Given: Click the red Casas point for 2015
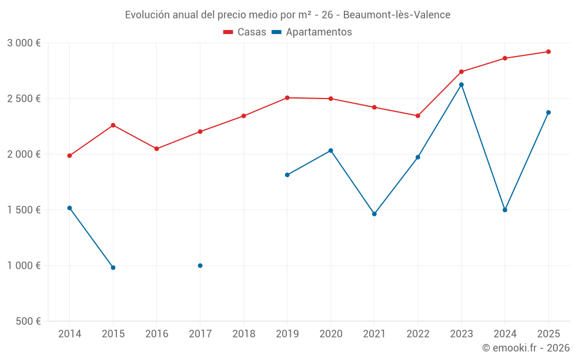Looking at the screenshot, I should tap(113, 125).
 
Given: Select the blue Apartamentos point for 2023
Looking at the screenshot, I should tap(461, 85).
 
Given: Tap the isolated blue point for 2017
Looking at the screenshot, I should tap(200, 266).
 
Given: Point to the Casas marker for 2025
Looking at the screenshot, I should tap(548, 52).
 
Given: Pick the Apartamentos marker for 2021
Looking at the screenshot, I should tap(374, 214).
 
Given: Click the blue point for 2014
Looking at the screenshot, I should tap(70, 208).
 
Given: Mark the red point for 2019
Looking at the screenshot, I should tap(287, 98).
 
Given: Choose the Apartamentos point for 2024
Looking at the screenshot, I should tap(505, 210).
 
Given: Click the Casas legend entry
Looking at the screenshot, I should tap(245, 32).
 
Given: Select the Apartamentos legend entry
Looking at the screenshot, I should tap(312, 32).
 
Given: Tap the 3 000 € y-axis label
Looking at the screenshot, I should tap(24, 43).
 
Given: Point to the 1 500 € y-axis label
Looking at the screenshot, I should tap(24, 210).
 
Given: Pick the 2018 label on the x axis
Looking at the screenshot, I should tap(244, 334).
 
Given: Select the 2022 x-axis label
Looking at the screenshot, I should tap(418, 334).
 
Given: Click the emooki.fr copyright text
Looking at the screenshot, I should tap(525, 348).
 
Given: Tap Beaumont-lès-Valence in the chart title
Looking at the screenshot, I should tap(397, 14).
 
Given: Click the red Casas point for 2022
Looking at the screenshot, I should tap(418, 116).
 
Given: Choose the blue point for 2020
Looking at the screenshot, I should tap(331, 150).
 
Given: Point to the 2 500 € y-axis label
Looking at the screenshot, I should tap(24, 98).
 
